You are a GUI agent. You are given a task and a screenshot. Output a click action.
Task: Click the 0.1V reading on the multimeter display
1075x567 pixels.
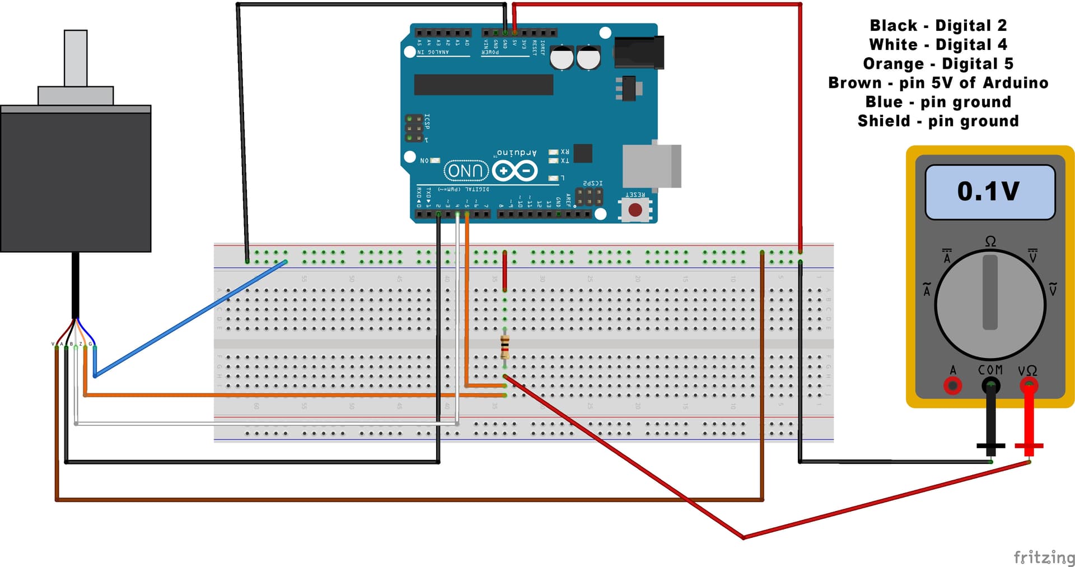988,191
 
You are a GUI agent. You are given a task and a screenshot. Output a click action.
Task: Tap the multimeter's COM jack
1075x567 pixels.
990,385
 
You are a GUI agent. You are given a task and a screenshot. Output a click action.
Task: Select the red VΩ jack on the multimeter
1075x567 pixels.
1029,385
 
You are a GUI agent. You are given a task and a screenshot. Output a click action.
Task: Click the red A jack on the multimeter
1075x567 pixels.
952,385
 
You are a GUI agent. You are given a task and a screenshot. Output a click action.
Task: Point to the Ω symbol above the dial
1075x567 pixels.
990,241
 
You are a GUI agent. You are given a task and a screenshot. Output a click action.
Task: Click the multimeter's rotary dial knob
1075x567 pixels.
990,304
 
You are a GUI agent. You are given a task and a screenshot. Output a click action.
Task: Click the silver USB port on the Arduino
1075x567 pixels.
652,166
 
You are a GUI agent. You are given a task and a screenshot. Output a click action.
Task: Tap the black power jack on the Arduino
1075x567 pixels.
639,52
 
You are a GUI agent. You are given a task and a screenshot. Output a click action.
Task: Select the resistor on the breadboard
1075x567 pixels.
504,347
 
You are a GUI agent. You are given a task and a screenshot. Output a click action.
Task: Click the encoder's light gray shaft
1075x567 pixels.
76,58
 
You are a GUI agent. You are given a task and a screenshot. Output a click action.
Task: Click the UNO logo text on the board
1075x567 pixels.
466,171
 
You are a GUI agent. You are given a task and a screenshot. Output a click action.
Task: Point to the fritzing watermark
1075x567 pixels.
1044,557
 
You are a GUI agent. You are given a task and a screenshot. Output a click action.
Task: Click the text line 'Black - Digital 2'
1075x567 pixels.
938,26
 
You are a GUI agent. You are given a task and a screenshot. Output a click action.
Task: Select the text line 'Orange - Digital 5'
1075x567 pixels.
938,64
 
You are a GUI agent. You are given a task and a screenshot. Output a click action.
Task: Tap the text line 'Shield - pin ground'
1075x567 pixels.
938,121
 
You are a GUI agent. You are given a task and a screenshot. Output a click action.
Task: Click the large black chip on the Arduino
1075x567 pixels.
483,85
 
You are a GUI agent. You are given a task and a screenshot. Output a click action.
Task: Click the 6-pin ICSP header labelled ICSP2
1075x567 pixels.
589,197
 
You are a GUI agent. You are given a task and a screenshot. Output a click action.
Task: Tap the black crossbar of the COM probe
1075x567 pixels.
990,446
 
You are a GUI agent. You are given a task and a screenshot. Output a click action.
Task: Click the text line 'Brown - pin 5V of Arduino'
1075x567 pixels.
938,83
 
